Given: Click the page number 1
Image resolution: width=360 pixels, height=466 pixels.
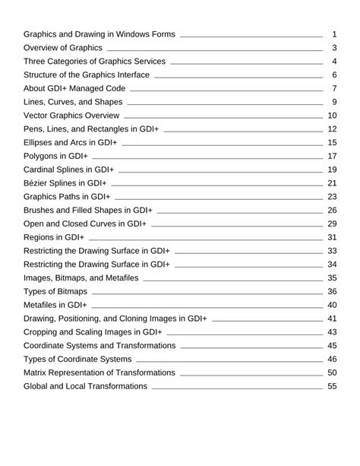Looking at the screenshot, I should [334, 34].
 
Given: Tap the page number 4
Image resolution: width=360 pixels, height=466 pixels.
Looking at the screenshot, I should [334, 62].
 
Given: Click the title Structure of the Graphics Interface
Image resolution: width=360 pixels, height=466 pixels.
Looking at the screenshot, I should [87, 75].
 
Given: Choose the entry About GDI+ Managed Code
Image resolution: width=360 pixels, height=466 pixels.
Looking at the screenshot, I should [75, 88].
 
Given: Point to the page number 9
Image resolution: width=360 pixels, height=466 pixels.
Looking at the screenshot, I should [334, 102].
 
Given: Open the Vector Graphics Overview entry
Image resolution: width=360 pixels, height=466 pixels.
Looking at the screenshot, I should [71, 116].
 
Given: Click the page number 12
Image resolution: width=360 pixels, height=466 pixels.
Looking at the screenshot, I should [332, 129].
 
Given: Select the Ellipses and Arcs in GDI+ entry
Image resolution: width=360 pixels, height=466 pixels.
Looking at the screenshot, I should [70, 143].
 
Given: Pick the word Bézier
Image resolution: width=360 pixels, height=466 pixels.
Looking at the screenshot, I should [38, 183].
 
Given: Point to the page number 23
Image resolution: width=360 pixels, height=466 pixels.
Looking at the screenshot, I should [332, 197].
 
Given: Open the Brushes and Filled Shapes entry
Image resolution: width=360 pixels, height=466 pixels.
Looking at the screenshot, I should [88, 211].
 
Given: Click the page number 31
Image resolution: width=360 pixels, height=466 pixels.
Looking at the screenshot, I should [332, 237].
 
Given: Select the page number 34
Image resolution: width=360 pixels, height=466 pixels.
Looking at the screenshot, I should [332, 265].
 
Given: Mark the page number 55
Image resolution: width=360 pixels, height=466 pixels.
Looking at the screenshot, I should [332, 386].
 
